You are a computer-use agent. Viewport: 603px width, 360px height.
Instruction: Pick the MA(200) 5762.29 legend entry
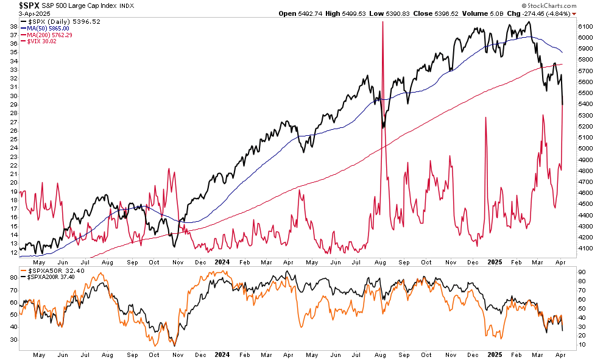(49, 35)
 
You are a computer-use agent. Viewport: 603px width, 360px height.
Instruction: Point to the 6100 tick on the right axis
(586, 27)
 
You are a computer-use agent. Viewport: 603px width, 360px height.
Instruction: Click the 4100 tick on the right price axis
(586, 249)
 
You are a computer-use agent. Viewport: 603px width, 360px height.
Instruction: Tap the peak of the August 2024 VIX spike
(383, 22)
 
